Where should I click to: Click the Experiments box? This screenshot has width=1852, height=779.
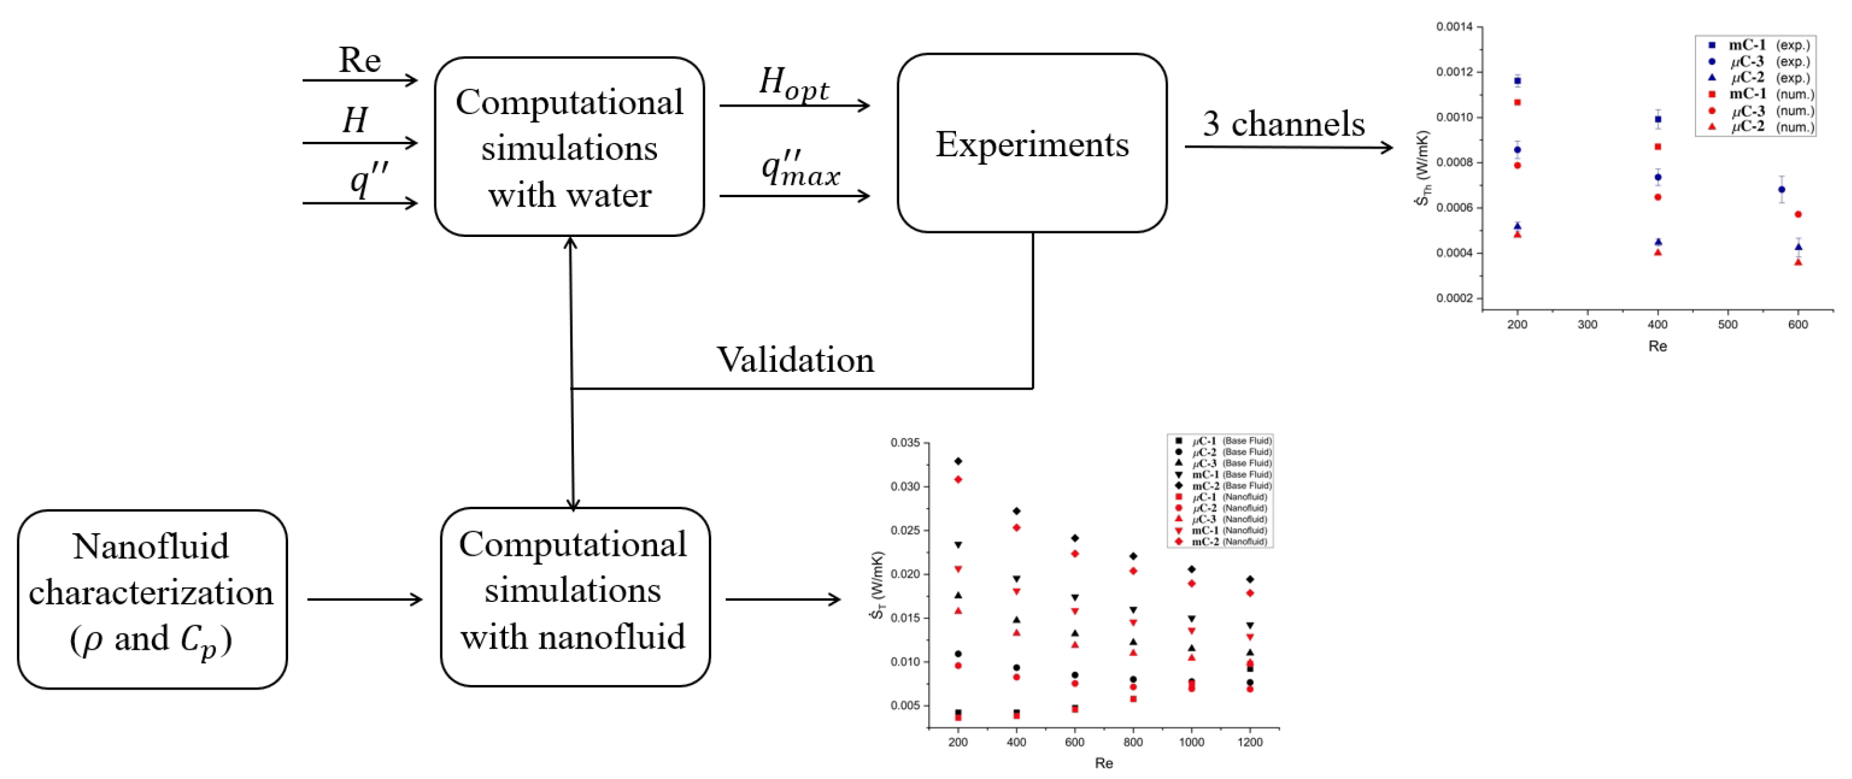tap(1031, 144)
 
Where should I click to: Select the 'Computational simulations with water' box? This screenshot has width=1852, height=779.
tap(569, 147)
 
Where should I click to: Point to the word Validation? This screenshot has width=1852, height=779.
tap(795, 359)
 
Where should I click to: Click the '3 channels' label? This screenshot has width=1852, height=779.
tap(1283, 124)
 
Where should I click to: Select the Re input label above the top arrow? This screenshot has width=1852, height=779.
tap(359, 60)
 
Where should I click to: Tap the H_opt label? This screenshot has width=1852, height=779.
tap(794, 84)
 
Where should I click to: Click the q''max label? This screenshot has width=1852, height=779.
tap(800, 170)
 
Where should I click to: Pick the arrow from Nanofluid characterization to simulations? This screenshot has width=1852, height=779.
tap(364, 599)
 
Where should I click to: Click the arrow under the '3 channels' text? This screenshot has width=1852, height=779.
tap(1288, 147)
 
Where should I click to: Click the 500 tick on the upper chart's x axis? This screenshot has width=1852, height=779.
tap(1728, 325)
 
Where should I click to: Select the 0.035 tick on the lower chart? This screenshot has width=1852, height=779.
tap(904, 442)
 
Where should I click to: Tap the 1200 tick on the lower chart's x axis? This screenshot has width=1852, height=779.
tap(1250, 742)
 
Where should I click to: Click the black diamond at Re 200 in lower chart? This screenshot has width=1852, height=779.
tap(958, 461)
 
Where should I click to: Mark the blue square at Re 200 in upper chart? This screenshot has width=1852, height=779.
tap(1518, 81)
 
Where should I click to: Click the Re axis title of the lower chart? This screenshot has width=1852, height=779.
tap(1104, 763)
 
